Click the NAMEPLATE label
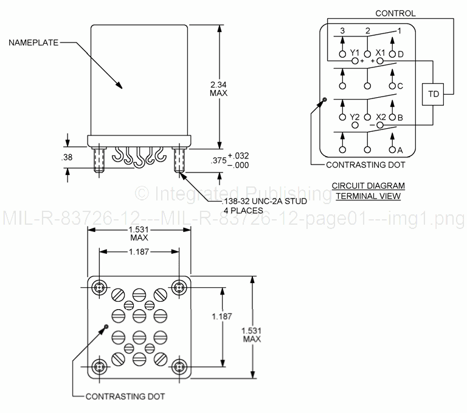click(x=33, y=43)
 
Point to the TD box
click(x=433, y=94)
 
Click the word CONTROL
click(x=395, y=13)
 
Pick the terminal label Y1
click(x=355, y=52)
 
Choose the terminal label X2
click(x=381, y=117)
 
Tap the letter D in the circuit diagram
click(x=401, y=53)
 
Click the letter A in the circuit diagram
click(x=400, y=149)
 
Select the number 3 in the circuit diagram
click(x=343, y=30)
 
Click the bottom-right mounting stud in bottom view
click(x=179, y=366)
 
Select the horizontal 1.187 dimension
click(x=139, y=252)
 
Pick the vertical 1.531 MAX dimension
click(x=251, y=334)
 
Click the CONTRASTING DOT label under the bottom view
click(x=125, y=397)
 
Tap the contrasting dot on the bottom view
click(x=106, y=326)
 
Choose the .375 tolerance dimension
click(x=238, y=160)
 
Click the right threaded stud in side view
click(x=179, y=160)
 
